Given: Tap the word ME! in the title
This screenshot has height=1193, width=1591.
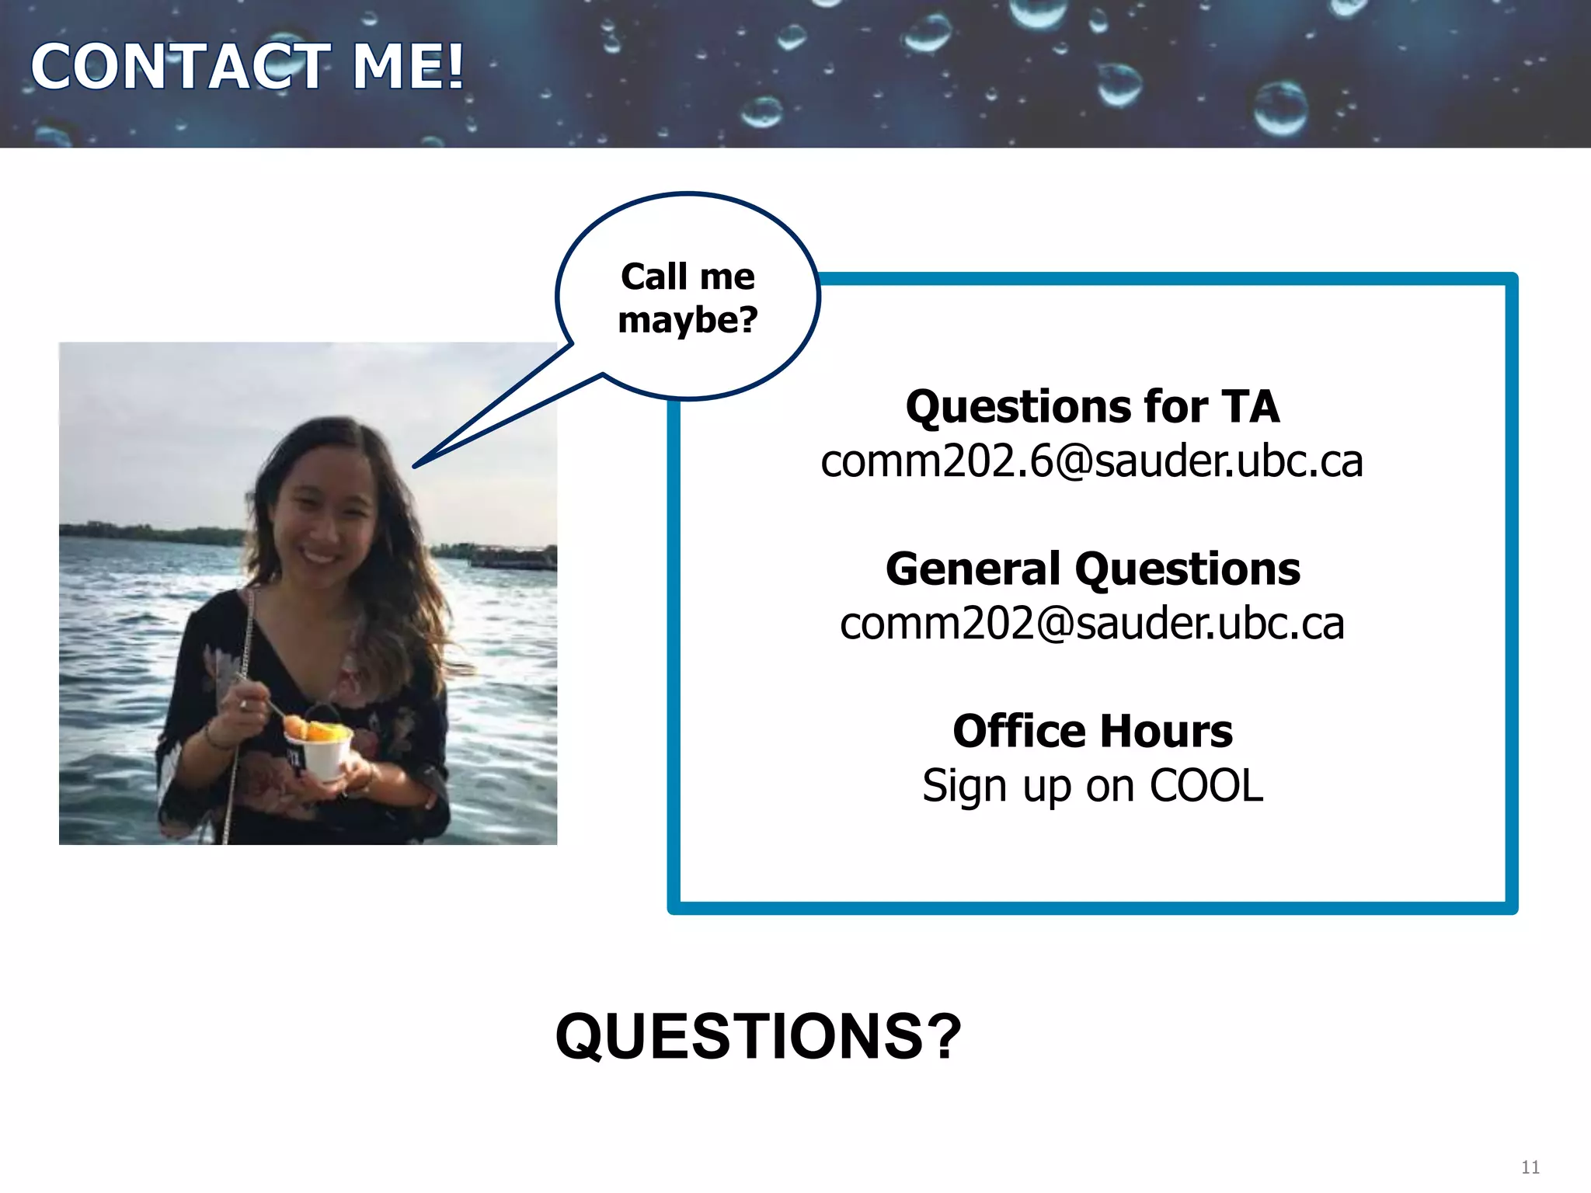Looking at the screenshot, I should click(408, 67).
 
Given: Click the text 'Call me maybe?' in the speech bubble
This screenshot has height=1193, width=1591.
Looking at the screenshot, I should click(688, 297).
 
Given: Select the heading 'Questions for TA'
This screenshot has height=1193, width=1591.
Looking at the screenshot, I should click(1092, 407).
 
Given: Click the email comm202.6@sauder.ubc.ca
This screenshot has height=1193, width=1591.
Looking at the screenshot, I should click(1091, 461).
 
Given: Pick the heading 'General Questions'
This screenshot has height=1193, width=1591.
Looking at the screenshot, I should click(1092, 569).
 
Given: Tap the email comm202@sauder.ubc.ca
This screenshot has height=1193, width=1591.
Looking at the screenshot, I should click(1091, 624).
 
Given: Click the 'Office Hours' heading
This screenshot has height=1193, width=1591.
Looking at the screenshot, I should click(1092, 731).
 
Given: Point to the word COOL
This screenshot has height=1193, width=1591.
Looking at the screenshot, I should click(1206, 785).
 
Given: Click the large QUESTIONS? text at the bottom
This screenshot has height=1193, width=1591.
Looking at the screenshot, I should click(758, 1036).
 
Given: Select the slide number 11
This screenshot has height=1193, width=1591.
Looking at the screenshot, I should click(1530, 1167).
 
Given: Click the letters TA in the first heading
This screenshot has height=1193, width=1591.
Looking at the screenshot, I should click(1250, 407).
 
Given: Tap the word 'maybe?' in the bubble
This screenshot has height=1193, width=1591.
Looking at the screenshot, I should click(688, 320).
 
